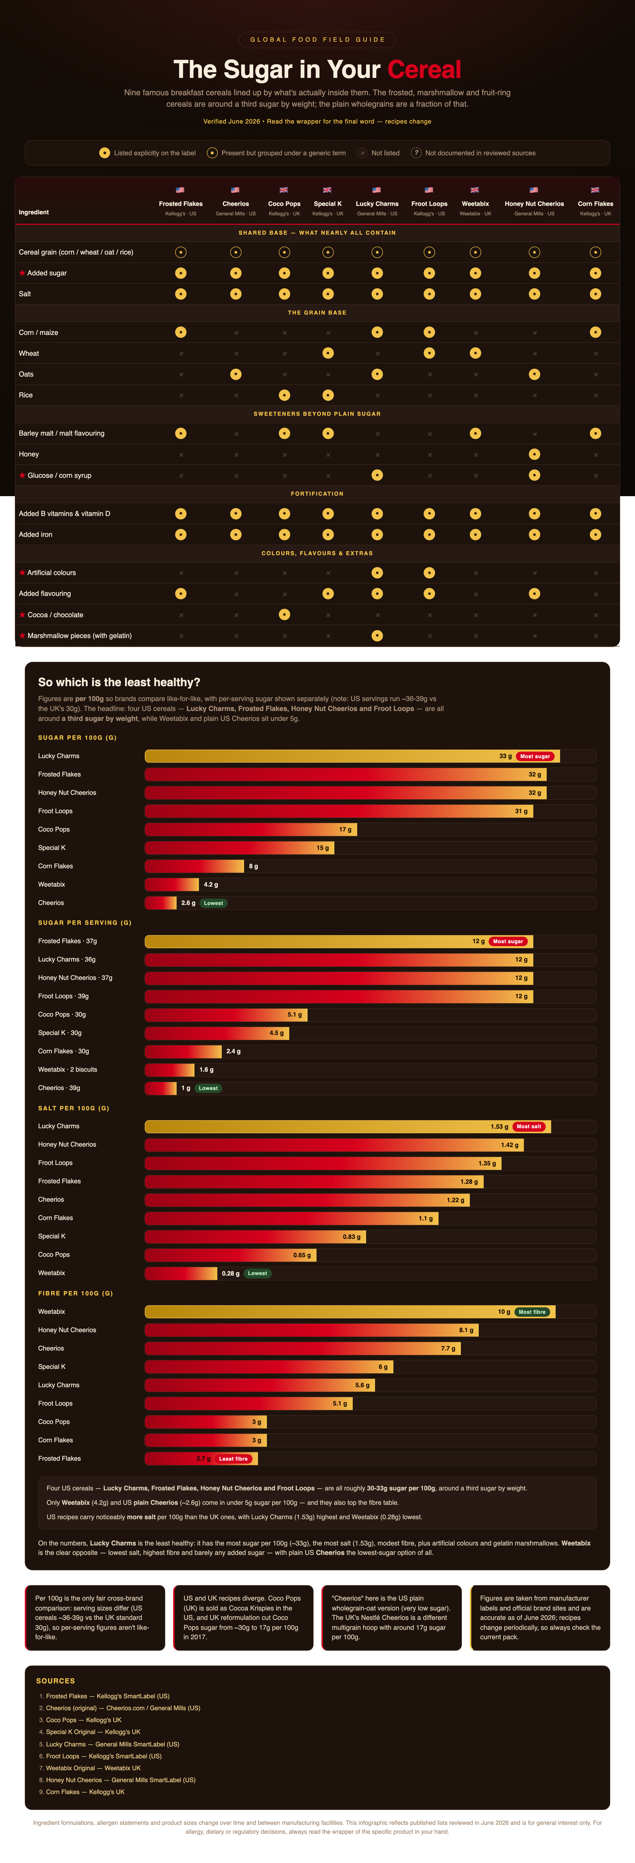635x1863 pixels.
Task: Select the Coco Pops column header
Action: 284,204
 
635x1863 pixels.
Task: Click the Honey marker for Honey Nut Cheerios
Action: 535,454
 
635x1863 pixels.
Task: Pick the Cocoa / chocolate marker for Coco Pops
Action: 284,615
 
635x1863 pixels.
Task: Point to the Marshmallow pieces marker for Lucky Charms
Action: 377,636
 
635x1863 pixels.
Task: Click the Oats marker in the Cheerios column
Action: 236,374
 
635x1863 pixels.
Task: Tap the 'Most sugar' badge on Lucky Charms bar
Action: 535,756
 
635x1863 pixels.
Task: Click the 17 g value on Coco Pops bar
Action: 345,830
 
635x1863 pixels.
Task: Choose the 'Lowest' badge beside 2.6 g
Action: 213,903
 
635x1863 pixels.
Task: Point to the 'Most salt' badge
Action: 529,1127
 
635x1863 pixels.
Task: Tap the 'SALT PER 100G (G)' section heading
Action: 74,1108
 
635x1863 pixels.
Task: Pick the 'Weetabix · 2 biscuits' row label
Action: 67,1070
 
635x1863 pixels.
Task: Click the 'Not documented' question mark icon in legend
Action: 416,153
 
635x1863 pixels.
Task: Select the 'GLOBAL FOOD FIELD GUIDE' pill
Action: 317,40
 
